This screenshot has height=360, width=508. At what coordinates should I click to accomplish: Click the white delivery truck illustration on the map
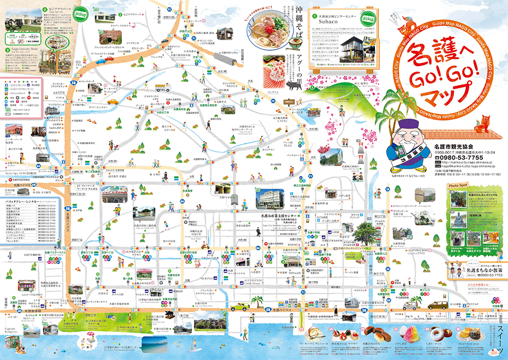pyautogui.click(x=409, y=306)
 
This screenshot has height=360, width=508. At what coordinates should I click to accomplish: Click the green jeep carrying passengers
pyautogui.click(x=238, y=307)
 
